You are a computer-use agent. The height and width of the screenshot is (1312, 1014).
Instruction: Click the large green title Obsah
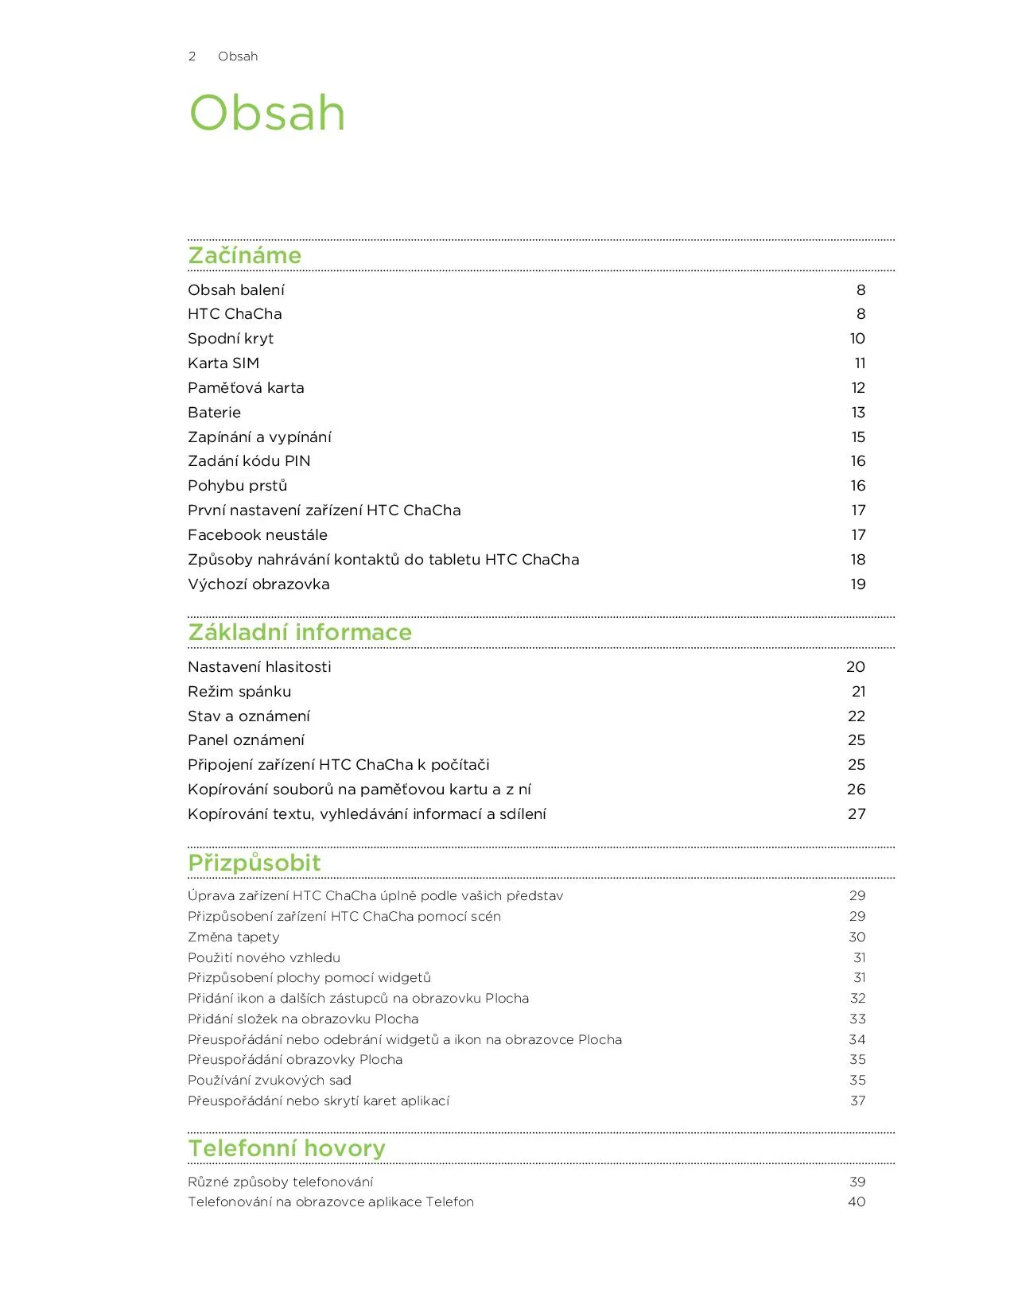point(267,113)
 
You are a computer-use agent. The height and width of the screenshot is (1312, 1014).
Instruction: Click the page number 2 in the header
point(192,56)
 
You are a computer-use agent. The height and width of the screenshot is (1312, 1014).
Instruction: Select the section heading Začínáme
point(244,255)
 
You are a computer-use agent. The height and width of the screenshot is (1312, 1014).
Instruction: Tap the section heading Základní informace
point(300,632)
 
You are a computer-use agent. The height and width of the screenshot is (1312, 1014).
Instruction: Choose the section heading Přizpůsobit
point(254,863)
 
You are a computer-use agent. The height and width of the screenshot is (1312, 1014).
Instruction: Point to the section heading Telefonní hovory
point(286,1148)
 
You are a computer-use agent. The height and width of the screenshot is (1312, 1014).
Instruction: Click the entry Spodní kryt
point(231,339)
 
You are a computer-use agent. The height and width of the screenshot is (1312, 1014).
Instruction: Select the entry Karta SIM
point(223,363)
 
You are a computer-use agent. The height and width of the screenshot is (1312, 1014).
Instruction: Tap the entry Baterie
point(214,413)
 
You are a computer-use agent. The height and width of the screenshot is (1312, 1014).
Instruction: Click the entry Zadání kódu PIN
point(249,461)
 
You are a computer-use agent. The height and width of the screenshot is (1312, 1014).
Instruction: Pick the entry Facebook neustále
point(258,535)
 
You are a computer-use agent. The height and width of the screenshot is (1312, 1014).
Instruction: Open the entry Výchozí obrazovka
point(258,584)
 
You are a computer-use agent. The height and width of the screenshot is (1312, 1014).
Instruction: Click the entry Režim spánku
point(239,692)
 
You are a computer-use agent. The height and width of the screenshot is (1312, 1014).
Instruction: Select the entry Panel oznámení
point(246,740)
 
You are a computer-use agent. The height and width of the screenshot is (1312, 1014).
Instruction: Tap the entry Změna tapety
point(234,937)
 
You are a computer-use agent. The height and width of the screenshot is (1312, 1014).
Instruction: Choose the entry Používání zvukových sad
point(270,1081)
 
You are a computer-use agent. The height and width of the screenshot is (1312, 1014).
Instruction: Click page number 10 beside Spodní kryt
point(857,339)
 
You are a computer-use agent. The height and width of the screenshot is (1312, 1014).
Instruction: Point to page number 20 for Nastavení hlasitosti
point(856,667)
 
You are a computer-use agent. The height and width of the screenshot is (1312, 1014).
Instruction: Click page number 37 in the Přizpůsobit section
point(857,1101)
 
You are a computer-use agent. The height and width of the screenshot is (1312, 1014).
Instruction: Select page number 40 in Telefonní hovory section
point(857,1202)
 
